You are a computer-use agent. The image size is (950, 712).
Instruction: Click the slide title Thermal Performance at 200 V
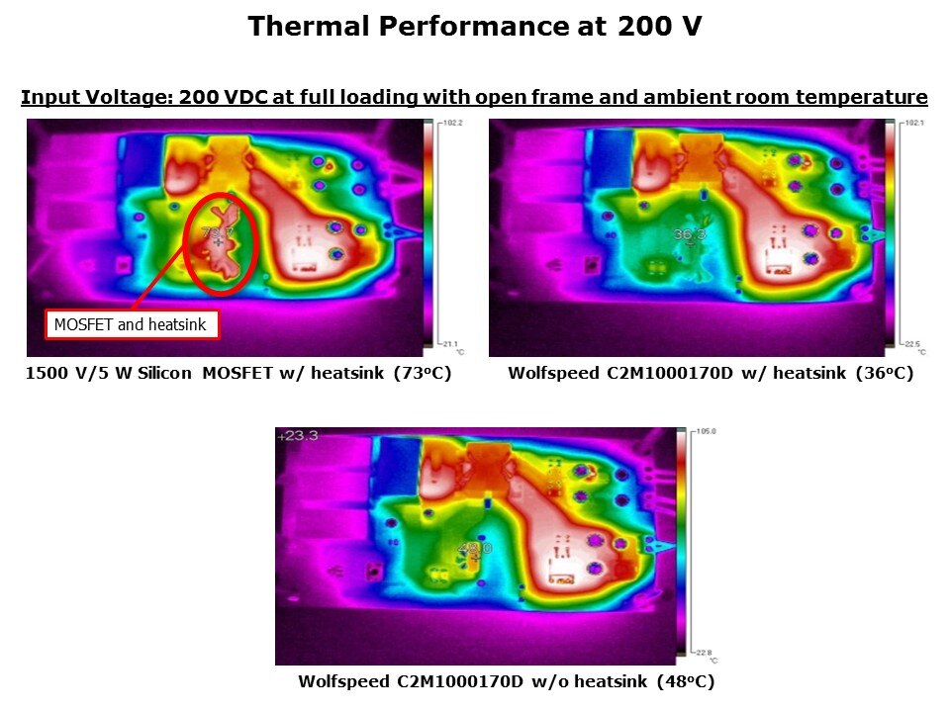tap(475, 26)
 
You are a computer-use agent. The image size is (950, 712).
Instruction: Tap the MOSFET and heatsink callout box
tap(132, 324)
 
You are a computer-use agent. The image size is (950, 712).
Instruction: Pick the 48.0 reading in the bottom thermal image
tap(473, 547)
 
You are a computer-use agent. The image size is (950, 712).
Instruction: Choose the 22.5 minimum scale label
tap(912, 344)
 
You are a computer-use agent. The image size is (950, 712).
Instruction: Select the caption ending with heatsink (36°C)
tap(710, 374)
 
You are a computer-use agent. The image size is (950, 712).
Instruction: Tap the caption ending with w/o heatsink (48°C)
tap(506, 682)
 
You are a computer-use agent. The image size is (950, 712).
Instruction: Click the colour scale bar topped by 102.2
tap(429, 233)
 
